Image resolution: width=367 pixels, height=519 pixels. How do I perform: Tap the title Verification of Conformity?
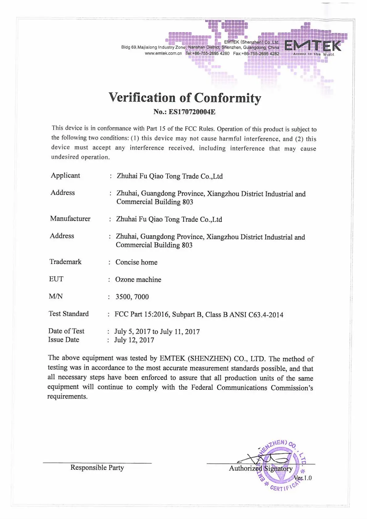click(185, 98)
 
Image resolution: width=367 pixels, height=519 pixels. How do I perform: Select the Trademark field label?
click(65, 262)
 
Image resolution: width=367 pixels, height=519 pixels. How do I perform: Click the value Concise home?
click(136, 262)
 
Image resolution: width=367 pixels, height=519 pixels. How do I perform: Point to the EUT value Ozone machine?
click(138, 279)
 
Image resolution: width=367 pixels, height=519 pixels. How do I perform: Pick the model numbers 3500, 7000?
click(132, 297)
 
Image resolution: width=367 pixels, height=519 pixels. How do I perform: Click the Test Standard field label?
click(68, 314)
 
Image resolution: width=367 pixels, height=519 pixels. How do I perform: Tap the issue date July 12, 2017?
click(134, 340)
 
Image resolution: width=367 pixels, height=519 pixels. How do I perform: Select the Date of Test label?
click(66, 331)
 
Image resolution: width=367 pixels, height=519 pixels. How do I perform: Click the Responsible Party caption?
click(97, 468)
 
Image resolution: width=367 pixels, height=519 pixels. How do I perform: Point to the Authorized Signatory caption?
click(261, 468)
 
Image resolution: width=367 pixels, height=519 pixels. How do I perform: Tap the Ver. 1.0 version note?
click(303, 478)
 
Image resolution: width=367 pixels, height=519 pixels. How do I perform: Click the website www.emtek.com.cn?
click(163, 53)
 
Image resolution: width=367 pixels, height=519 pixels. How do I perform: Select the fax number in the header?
click(256, 53)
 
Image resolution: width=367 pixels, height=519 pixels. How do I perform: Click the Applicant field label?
click(65, 175)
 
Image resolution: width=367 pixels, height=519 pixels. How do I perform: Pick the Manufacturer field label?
click(70, 219)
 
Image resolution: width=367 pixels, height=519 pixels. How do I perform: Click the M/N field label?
click(56, 296)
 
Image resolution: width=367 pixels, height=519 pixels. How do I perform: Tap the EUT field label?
click(56, 279)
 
